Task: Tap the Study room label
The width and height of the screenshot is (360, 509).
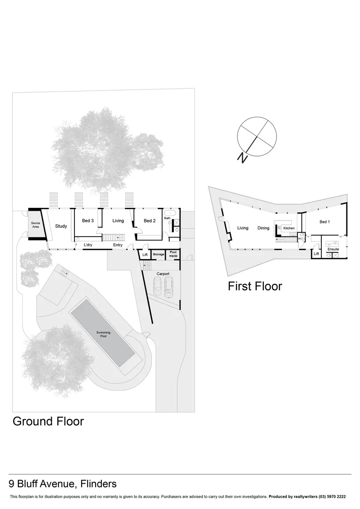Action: click(x=61, y=226)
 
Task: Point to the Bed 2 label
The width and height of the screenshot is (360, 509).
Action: click(x=149, y=221)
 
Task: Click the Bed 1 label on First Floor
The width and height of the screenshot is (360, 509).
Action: click(x=324, y=222)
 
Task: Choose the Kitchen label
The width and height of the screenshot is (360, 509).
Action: click(x=289, y=228)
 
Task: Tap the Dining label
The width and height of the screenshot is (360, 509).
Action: click(x=263, y=228)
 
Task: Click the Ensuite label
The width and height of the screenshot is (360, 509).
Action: click(x=333, y=249)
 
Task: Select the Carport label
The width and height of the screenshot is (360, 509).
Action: click(x=163, y=274)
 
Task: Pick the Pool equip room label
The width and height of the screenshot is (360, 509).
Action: click(x=174, y=254)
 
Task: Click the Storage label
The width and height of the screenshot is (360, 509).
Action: click(x=158, y=254)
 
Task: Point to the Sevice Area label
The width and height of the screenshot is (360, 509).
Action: click(x=35, y=225)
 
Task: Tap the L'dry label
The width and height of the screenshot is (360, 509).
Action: click(x=88, y=245)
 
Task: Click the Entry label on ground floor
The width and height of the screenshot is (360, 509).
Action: click(x=118, y=245)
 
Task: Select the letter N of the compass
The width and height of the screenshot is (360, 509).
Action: click(x=243, y=158)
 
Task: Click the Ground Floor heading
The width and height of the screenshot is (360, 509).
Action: click(x=48, y=421)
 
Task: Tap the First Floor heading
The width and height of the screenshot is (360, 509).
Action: click(x=255, y=286)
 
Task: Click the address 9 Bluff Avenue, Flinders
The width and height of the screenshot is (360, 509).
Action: click(x=63, y=484)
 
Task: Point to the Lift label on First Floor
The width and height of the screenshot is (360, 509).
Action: click(x=317, y=254)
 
